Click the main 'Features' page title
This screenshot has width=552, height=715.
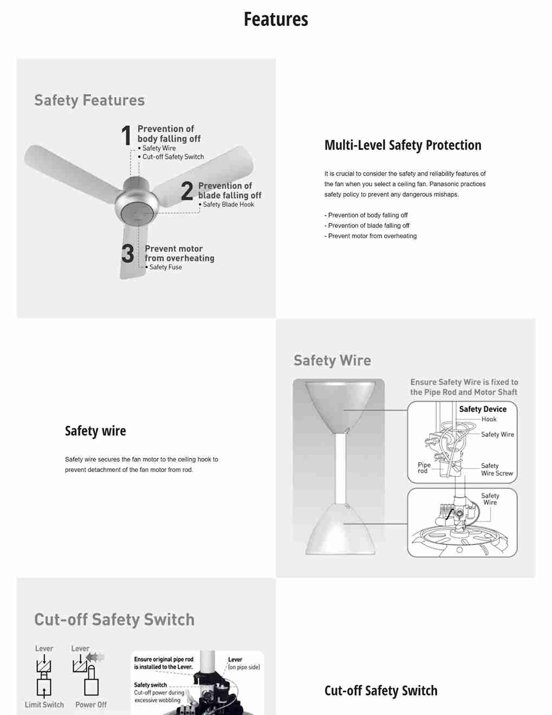click(x=276, y=19)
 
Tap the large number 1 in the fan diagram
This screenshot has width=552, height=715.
click(x=126, y=135)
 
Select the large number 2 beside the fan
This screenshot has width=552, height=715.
click(x=187, y=191)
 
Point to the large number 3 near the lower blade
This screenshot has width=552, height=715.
click(x=128, y=253)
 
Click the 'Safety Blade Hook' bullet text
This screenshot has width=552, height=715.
click(x=228, y=205)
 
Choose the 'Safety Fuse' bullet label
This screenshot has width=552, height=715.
click(x=165, y=267)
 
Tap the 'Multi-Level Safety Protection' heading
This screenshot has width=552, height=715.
click(x=402, y=145)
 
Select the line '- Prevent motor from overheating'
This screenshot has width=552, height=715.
click(x=371, y=236)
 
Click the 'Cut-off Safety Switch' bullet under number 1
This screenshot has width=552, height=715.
click(x=173, y=157)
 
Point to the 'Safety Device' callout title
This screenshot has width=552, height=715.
click(x=483, y=409)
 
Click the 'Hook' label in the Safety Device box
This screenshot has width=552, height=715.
click(x=489, y=419)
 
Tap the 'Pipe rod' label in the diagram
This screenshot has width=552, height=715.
click(x=424, y=468)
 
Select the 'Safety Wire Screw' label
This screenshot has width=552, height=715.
click(x=496, y=470)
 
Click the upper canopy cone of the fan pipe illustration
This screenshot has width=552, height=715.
click(x=340, y=404)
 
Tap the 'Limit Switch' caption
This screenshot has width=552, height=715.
click(x=44, y=705)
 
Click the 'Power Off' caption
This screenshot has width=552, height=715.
click(x=91, y=705)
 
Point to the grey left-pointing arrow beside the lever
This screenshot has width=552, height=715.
click(x=95, y=657)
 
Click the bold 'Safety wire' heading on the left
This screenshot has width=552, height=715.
click(x=95, y=431)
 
